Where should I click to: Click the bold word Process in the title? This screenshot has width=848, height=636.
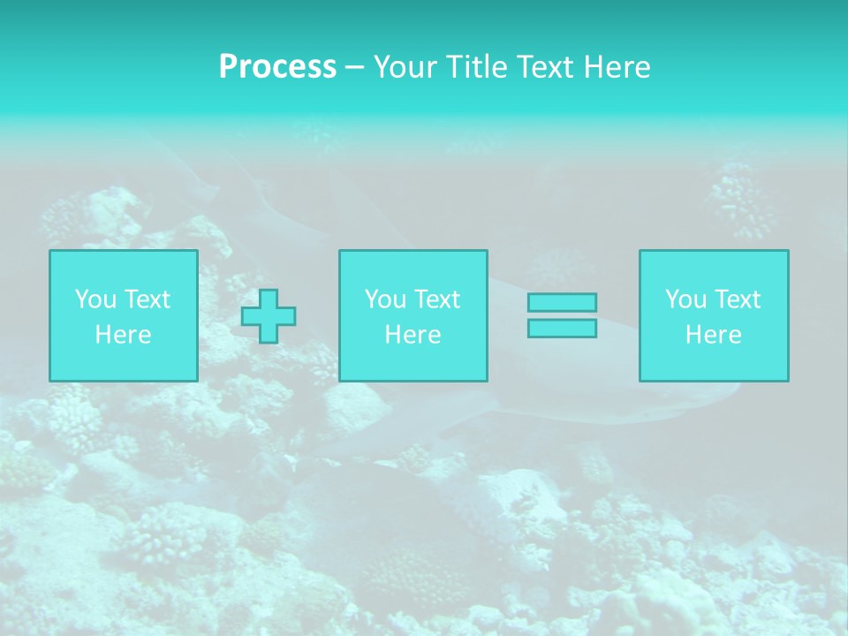(x=277, y=67)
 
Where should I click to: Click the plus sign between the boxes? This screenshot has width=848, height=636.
(x=269, y=316)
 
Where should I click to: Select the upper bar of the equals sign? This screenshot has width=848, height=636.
(x=562, y=303)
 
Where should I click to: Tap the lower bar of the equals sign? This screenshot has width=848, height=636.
(x=562, y=328)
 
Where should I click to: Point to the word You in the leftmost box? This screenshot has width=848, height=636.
(x=95, y=299)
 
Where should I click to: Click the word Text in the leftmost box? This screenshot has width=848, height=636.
(x=147, y=299)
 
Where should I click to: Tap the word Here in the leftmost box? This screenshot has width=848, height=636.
(x=124, y=335)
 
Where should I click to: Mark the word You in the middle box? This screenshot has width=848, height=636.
(x=385, y=299)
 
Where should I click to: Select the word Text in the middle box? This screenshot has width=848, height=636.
(x=436, y=299)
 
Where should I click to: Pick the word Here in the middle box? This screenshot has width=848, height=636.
(x=413, y=335)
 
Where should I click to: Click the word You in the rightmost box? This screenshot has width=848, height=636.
(x=685, y=299)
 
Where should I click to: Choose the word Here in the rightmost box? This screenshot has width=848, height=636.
(x=714, y=335)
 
